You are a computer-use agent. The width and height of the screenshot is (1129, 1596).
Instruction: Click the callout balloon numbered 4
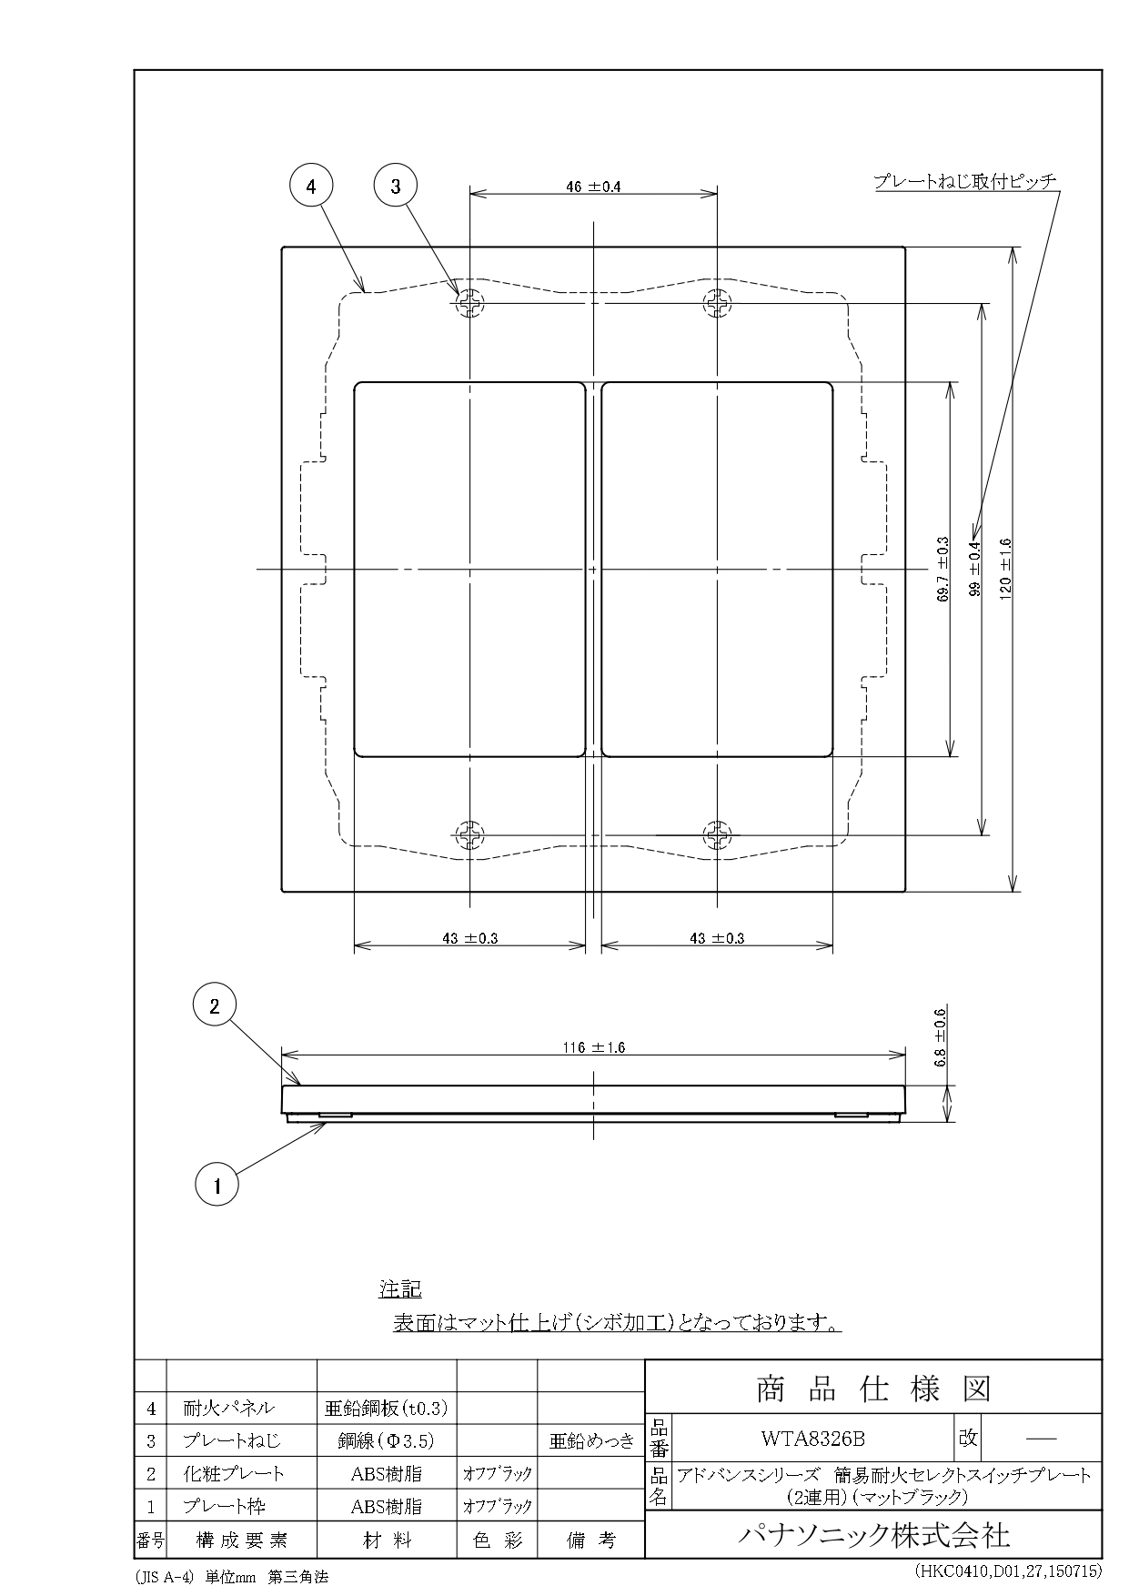[312, 187]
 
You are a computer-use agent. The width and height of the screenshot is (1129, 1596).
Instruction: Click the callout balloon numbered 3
[396, 187]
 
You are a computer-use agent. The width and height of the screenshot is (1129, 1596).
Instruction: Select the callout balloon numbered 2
[215, 1006]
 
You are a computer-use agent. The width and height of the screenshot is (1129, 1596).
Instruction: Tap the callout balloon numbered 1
[217, 1186]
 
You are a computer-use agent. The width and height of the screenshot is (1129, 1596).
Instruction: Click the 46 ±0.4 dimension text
[593, 187]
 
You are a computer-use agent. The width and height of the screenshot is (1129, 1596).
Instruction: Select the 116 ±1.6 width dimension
[593, 1047]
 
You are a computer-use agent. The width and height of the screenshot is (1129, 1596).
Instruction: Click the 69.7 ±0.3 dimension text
[943, 569]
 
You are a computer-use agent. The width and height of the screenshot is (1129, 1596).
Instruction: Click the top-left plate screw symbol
[469, 303]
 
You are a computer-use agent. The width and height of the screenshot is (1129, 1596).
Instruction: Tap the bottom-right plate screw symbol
[718, 834]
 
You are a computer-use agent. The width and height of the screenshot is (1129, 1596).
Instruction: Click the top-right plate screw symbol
[718, 303]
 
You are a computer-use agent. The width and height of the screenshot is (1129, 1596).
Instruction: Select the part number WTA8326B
[812, 1439]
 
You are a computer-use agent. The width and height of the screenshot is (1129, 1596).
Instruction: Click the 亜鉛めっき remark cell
[591, 1441]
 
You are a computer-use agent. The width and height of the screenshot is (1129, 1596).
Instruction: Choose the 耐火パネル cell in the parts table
[228, 1409]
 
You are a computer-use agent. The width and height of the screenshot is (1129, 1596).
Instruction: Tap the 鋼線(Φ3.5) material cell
[387, 1441]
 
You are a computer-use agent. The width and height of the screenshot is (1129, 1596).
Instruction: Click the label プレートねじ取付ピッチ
[965, 182]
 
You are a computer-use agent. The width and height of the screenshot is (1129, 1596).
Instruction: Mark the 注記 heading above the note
[400, 1289]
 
